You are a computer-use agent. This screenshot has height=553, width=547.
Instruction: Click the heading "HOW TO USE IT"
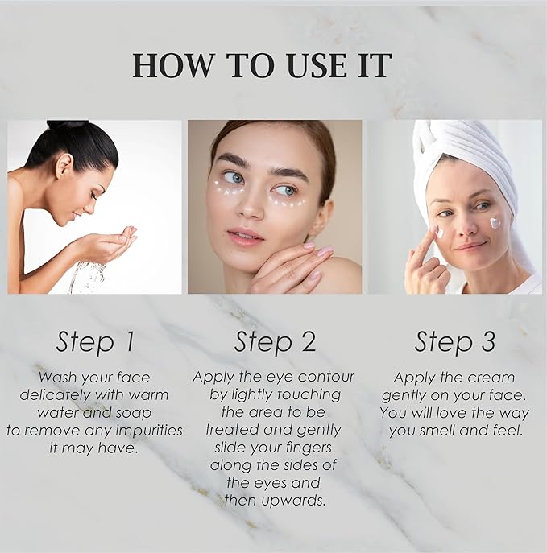click(x=262, y=65)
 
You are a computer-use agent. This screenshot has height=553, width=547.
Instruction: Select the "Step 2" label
click(x=275, y=342)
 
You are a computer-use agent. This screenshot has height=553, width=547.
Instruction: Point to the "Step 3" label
click(x=455, y=342)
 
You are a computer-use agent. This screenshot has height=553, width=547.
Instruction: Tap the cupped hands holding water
click(x=114, y=241)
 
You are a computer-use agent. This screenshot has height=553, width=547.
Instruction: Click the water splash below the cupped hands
click(x=87, y=277)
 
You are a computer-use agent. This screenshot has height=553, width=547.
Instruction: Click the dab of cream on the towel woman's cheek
click(x=495, y=223)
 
